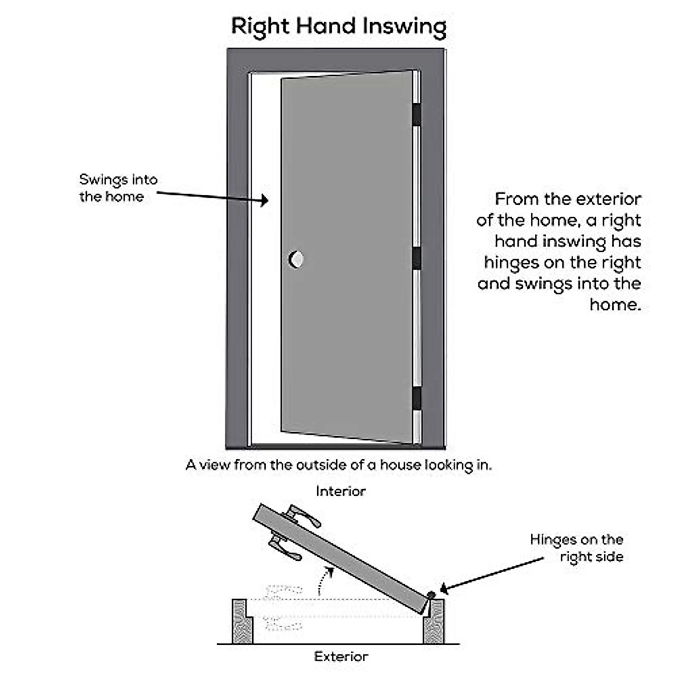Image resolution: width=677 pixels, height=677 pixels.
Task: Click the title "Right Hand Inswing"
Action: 338,27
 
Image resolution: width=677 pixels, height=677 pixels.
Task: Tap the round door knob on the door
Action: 296,259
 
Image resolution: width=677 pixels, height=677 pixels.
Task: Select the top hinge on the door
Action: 416,115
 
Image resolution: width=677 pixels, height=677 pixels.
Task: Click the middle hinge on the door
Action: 416,258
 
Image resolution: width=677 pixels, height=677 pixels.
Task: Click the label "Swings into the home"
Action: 118,188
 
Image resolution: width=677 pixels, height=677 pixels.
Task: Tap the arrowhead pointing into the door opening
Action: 264,200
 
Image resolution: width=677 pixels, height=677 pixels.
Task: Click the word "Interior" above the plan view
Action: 340,491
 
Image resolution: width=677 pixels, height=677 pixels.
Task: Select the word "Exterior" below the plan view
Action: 341,657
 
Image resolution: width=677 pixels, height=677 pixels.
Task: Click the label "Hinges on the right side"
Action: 577,548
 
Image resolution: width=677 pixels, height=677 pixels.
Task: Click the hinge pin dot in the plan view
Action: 431,595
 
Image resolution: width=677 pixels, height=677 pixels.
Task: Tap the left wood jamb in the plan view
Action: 243,621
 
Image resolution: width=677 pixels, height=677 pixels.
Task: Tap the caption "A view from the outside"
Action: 338,465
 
